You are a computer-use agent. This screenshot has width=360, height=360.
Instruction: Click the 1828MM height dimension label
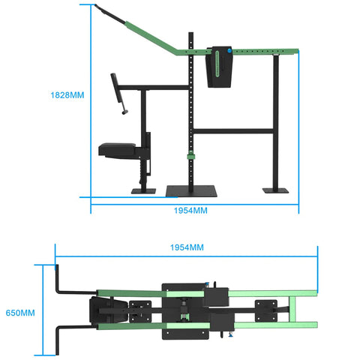(x=67, y=96)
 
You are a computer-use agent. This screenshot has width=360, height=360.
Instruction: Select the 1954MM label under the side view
(x=190, y=211)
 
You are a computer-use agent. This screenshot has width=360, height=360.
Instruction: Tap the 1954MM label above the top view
(x=186, y=247)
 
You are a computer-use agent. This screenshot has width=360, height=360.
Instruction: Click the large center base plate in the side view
(x=192, y=190)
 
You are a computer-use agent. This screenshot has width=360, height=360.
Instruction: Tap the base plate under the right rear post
(x=275, y=189)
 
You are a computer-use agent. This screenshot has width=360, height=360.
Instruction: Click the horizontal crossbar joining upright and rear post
(x=234, y=132)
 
